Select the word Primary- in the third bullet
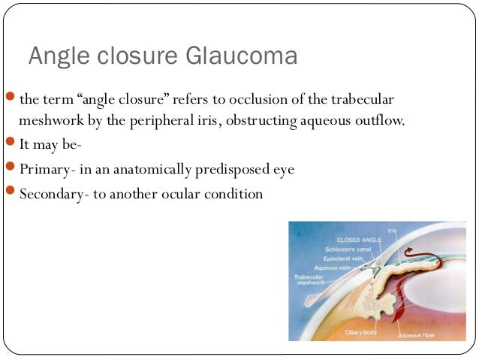44,169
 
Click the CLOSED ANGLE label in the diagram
359,240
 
